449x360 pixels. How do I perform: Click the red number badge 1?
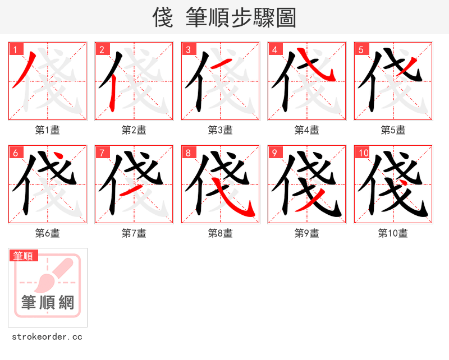point(15,49)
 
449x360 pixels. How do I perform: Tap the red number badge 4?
point(274,49)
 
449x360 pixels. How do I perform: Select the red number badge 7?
point(102,153)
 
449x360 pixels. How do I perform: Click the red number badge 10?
point(363,153)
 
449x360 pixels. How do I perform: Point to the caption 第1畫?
point(47,130)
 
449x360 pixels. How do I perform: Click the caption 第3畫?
point(220,130)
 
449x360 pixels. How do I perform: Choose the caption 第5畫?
point(393,130)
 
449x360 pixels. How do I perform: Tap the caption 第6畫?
point(47,233)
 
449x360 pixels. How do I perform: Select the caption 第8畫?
point(220,233)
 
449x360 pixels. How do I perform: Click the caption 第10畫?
point(393,233)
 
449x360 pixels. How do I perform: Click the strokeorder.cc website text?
point(47,337)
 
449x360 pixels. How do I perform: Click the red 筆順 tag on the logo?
point(24,256)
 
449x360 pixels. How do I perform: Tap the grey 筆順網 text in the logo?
point(48,303)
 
